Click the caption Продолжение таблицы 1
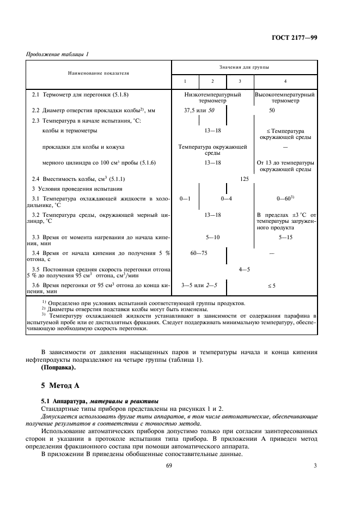click(x=57, y=54)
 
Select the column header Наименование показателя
click(x=99, y=72)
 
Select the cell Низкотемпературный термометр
click(x=213, y=98)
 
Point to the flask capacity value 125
click(x=244, y=178)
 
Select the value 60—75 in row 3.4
click(x=199, y=253)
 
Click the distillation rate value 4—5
click(x=244, y=269)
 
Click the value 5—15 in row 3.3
click(x=286, y=238)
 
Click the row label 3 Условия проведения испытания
click(x=72, y=189)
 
